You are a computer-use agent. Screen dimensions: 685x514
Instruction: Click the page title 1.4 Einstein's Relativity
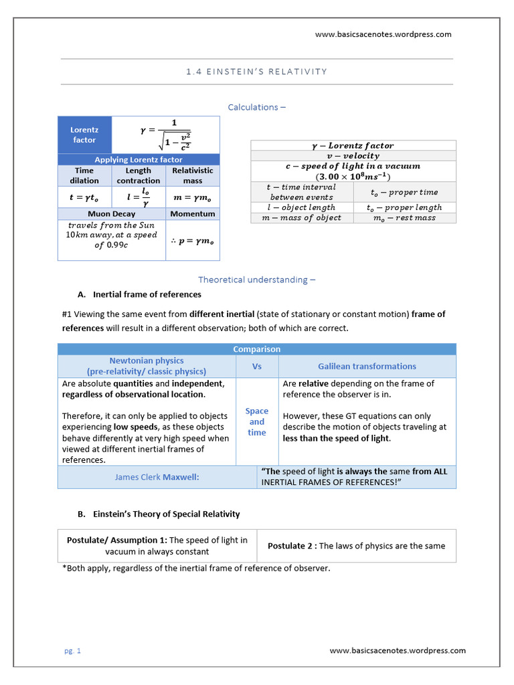pyautogui.click(x=256, y=72)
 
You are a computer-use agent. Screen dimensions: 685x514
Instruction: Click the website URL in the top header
pyautogui.click(x=383, y=34)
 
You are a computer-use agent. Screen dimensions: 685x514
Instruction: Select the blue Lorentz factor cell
pyautogui.click(x=84, y=134)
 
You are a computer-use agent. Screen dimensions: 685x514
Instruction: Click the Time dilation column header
pyautogui.click(x=84, y=175)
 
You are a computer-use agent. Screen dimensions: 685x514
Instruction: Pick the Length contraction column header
pyautogui.click(x=138, y=175)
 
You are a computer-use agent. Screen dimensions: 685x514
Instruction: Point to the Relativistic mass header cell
pyautogui.click(x=192, y=175)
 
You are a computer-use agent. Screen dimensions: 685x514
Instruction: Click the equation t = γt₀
pyautogui.click(x=84, y=197)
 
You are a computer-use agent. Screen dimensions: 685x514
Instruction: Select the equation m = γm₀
pyautogui.click(x=192, y=197)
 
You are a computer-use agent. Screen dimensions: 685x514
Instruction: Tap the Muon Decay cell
pyautogui.click(x=111, y=214)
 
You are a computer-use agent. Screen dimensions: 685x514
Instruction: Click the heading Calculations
pyautogui.click(x=256, y=107)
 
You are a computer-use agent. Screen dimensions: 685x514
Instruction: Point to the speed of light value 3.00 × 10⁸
pyautogui.click(x=353, y=177)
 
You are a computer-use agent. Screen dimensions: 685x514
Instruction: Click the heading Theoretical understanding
pyautogui.click(x=256, y=280)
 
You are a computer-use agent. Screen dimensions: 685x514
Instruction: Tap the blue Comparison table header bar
pyautogui.click(x=256, y=349)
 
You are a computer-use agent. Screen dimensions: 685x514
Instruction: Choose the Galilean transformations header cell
pyautogui.click(x=367, y=366)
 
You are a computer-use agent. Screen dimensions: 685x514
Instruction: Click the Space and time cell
pyautogui.click(x=257, y=421)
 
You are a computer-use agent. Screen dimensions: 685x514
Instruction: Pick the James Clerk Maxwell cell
pyautogui.click(x=157, y=477)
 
